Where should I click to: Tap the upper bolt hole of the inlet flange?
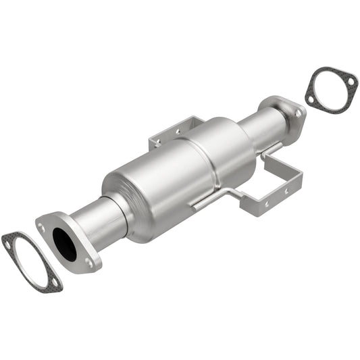pyautogui.click(x=43, y=228)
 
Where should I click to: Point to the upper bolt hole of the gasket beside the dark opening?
pyautogui.click(x=9, y=245)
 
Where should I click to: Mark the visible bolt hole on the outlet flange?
pyautogui.click(x=297, y=114)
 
